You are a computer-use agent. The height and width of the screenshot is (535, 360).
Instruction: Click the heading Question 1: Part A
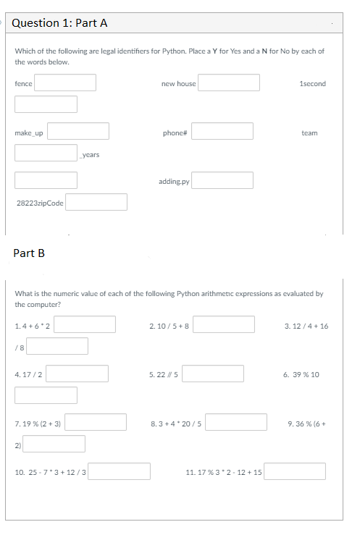pos(60,22)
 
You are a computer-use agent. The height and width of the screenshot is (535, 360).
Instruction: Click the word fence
pos(23,84)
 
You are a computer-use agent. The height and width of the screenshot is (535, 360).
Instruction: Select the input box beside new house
pos(229,83)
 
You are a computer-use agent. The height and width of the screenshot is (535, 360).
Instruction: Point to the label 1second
pos(312,84)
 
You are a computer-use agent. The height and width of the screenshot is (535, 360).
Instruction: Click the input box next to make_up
pos(79,131)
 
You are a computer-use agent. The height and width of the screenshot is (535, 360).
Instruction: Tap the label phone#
pos(175,133)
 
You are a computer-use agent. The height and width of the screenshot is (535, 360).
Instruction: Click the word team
pos(309,133)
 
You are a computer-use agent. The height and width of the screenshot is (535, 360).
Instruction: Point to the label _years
pos(91,155)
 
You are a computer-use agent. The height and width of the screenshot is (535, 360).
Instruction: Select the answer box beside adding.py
pos(222,180)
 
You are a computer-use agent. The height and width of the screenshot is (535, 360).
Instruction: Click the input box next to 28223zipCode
pos(97,202)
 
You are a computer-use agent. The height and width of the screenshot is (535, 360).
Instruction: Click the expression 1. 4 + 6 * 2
pos(33,326)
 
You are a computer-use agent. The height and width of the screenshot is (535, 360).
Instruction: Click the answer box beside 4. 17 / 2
pos(78,374)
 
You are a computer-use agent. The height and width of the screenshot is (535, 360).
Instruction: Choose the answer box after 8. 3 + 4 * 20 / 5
pos(238,422)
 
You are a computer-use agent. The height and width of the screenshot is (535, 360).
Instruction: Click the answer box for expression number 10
pos(120,471)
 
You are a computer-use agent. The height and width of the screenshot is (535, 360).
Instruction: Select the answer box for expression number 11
pos(294,471)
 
